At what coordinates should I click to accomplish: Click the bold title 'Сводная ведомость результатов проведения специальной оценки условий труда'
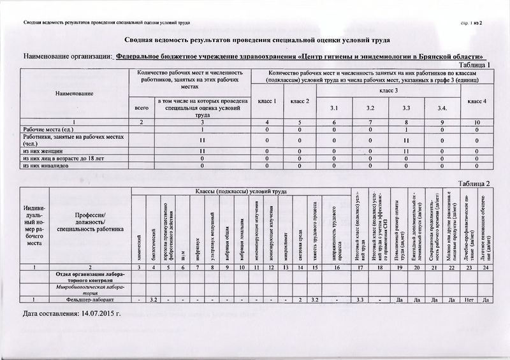255,40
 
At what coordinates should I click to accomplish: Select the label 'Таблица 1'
470,65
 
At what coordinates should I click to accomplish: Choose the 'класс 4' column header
476,101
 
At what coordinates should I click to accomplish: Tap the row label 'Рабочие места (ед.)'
48,129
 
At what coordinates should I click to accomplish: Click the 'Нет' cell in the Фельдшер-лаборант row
470,300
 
